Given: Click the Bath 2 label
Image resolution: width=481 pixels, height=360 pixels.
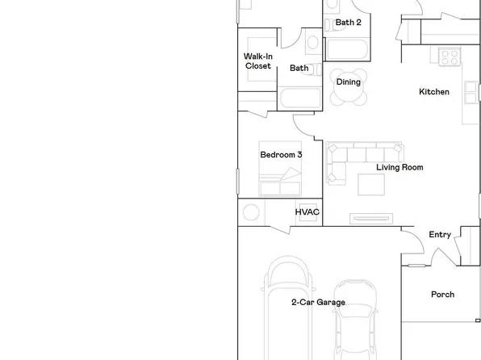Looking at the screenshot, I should tap(348, 23).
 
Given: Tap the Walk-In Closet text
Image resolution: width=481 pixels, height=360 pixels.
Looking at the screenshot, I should tap(257, 61).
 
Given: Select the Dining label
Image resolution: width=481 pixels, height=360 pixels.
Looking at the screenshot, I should tap(348, 82).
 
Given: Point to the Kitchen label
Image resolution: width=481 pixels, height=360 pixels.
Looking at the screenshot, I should tap(433, 92).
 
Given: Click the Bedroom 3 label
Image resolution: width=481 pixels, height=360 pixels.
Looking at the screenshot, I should tap(281, 154).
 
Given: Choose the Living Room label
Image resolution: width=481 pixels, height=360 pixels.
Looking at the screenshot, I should tap(399, 168).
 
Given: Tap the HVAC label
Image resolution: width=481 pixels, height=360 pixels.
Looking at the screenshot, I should tap(307, 212).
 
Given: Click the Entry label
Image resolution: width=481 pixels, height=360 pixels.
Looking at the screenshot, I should tap(440, 235).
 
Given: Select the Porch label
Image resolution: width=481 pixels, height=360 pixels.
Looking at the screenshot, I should tap(442, 295).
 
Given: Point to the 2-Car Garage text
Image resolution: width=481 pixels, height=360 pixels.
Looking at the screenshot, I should tap(318, 303).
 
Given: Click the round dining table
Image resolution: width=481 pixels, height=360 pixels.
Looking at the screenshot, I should tap(349, 89).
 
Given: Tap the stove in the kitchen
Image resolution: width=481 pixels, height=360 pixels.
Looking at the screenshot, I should tap(449, 57).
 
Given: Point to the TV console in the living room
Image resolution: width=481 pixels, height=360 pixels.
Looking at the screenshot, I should tap(373, 217).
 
